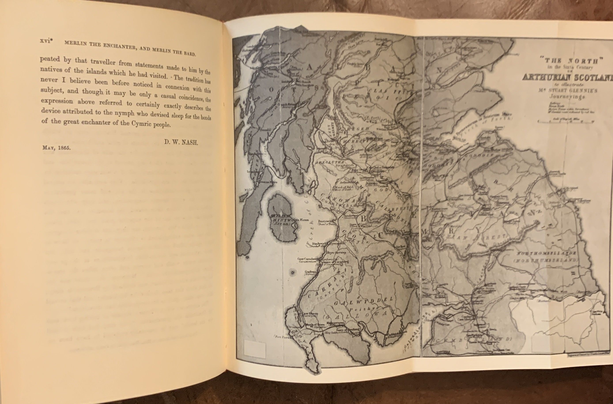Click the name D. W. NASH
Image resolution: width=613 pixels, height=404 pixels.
(181, 142)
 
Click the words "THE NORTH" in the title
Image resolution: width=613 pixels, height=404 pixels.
(570, 61)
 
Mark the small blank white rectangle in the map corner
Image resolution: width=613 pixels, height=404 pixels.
(255, 350)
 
